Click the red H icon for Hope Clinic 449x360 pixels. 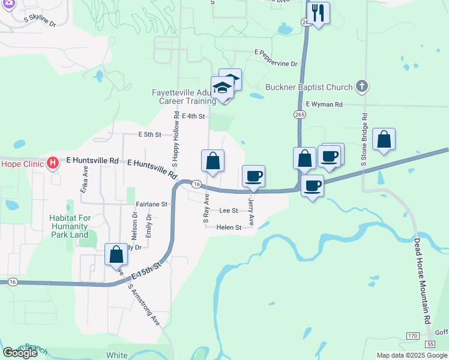pos(53,163)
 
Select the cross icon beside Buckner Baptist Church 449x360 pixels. pos(361,86)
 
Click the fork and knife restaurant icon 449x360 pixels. pos(318,13)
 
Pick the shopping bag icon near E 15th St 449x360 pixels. pos(116,254)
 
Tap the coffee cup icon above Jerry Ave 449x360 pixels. pos(253,176)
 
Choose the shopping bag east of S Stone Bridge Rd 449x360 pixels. pos(384,139)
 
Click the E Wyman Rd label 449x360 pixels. pos(324,104)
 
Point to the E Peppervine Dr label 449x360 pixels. pos(276,63)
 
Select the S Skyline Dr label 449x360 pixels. pos(40,22)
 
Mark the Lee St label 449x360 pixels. pos(229,211)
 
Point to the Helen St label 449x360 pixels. pos(229,227)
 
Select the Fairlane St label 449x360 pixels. pos(151,204)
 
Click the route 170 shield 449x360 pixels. pos(412,335)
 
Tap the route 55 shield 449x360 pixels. pos(430,344)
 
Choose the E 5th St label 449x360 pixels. pos(149,135)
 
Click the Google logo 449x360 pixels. pos(20,352)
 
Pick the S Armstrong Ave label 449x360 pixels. pos(145,304)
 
